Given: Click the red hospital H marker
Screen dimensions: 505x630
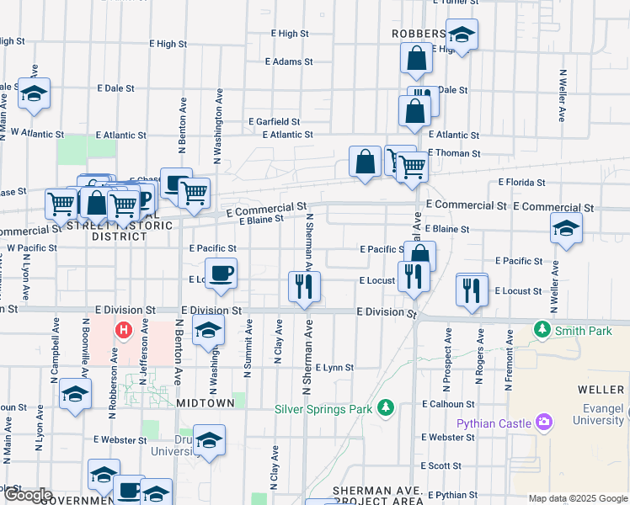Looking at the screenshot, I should [x=124, y=329].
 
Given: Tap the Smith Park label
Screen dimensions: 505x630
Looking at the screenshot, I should [x=583, y=331].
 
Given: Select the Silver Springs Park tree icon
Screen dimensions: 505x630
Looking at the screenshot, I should [x=386, y=408].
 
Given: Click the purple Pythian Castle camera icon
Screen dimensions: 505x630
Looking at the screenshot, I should [x=544, y=422].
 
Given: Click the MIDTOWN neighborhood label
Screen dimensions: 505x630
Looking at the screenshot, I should [x=206, y=403].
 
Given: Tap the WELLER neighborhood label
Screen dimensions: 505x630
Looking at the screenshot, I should [x=601, y=390].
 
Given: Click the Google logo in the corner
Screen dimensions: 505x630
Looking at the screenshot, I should [x=27, y=495].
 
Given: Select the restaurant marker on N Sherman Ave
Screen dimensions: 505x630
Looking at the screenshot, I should [x=303, y=286].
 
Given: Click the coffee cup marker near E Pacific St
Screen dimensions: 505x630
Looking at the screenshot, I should [x=221, y=273].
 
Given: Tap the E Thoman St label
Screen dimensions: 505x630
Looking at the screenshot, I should [x=454, y=153].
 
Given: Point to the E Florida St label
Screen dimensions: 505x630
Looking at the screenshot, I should [x=521, y=181].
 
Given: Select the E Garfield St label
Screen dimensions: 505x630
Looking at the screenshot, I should [x=274, y=121].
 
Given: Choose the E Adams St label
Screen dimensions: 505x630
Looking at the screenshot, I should [x=288, y=61].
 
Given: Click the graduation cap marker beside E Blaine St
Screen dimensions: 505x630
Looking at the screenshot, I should [x=566, y=227].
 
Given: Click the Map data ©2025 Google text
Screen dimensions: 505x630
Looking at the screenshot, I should [x=578, y=497].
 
